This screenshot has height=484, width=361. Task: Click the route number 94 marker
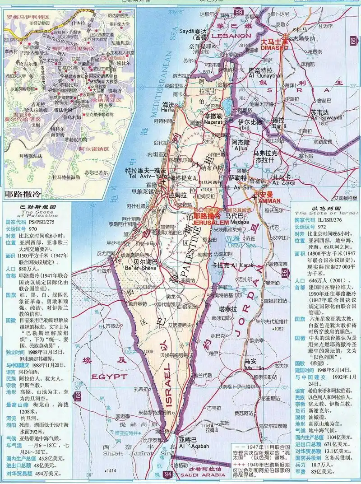168,474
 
